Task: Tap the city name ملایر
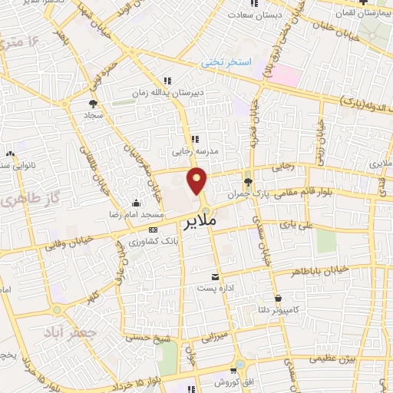(201, 223)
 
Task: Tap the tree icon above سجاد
(93, 102)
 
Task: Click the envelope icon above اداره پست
(215, 276)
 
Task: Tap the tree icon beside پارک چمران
(247, 183)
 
